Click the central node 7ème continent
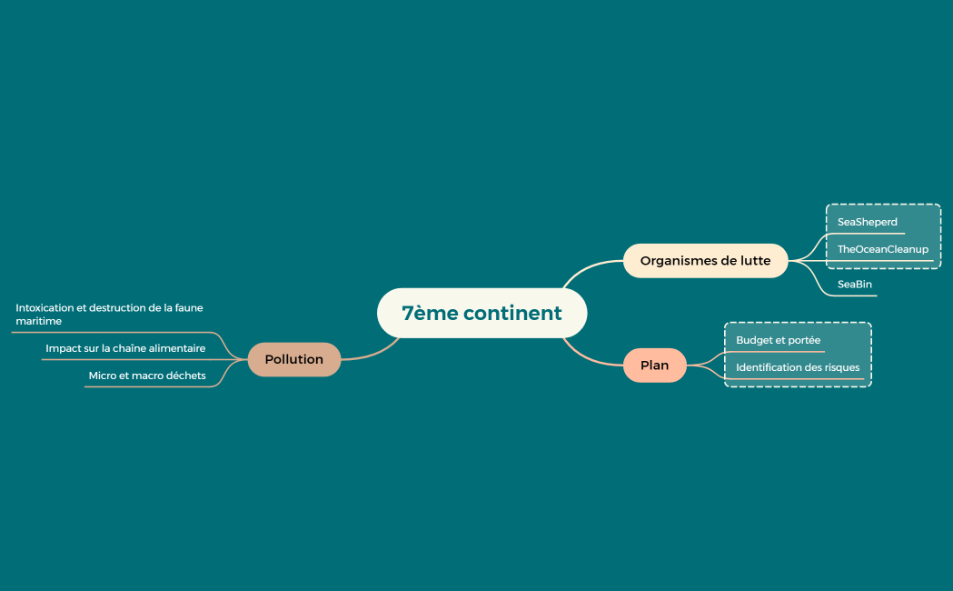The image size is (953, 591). tap(481, 313)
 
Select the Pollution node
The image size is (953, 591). tap(293, 359)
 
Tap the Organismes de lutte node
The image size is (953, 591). tap(705, 260)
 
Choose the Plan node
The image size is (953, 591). tap(654, 365)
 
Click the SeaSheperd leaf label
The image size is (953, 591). tap(867, 222)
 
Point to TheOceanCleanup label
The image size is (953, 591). tap(882, 249)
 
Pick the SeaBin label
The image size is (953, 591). tap(854, 285)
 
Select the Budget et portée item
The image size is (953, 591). tap(778, 340)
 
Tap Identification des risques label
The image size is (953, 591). tap(798, 367)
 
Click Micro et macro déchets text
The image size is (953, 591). tap(147, 376)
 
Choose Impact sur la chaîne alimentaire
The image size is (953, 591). tap(125, 348)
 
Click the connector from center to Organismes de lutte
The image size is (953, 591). tap(586, 267)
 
